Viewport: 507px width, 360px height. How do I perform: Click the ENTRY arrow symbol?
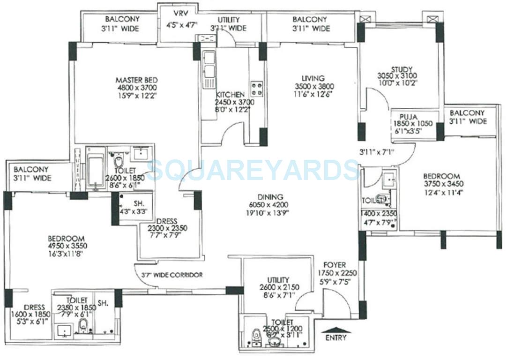coord(336,330)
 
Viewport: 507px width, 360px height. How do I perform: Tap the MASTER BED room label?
coord(136,80)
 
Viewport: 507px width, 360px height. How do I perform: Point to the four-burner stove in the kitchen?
coord(256,89)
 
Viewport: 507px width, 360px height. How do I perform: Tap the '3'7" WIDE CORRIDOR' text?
coord(169,275)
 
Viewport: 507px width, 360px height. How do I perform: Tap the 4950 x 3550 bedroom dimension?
coord(68,246)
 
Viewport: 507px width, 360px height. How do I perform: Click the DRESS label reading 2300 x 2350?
coord(167,228)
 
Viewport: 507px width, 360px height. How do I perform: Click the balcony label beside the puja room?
coord(468,113)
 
